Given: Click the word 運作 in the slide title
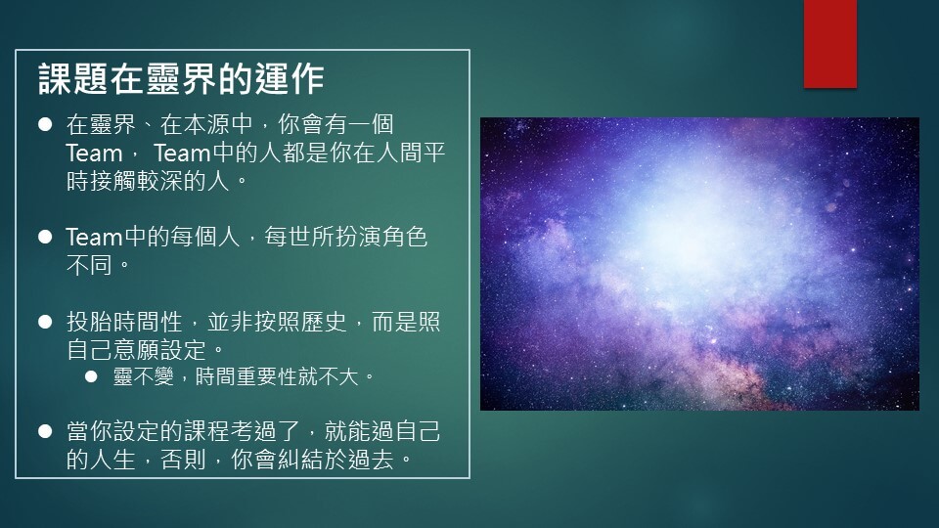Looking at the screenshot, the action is [290, 79].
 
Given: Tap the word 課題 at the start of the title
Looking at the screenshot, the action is [73, 79].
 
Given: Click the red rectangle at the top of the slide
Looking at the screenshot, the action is [830, 44].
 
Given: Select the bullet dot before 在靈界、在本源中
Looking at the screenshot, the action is [45, 124].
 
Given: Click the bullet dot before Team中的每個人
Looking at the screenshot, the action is [45, 237].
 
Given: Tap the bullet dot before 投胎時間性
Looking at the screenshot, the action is [45, 322].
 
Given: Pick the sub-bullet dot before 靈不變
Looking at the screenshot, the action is [91, 376].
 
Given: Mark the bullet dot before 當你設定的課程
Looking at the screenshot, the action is [45, 431].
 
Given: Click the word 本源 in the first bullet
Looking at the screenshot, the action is [206, 124].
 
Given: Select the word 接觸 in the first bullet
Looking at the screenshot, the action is [113, 181].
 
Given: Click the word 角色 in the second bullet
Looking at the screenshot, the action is [404, 237].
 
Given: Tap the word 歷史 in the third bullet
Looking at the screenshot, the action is [324, 322].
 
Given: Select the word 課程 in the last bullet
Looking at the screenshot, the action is [206, 431].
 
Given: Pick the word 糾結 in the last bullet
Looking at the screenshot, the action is [300, 460].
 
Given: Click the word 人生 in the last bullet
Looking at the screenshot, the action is [113, 460].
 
